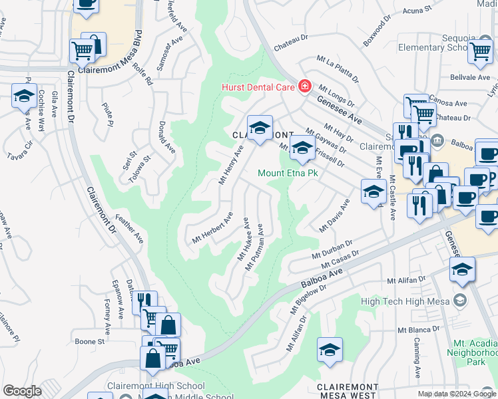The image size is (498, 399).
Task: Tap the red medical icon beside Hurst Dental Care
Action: [x=305, y=86]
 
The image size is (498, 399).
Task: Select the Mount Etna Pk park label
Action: [x=288, y=173]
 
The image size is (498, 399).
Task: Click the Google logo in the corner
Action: [x=22, y=391]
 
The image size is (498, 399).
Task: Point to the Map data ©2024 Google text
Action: [x=457, y=394]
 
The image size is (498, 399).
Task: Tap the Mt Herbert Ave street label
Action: [x=212, y=228]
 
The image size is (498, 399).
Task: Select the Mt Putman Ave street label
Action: [x=256, y=247]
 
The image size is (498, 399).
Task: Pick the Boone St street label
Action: [x=90, y=341]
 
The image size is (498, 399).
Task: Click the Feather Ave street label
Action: [x=130, y=228]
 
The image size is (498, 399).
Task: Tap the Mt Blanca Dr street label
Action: [x=418, y=329]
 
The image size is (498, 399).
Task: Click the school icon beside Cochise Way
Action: [x=24, y=96]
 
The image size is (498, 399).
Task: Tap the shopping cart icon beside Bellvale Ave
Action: [x=480, y=51]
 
